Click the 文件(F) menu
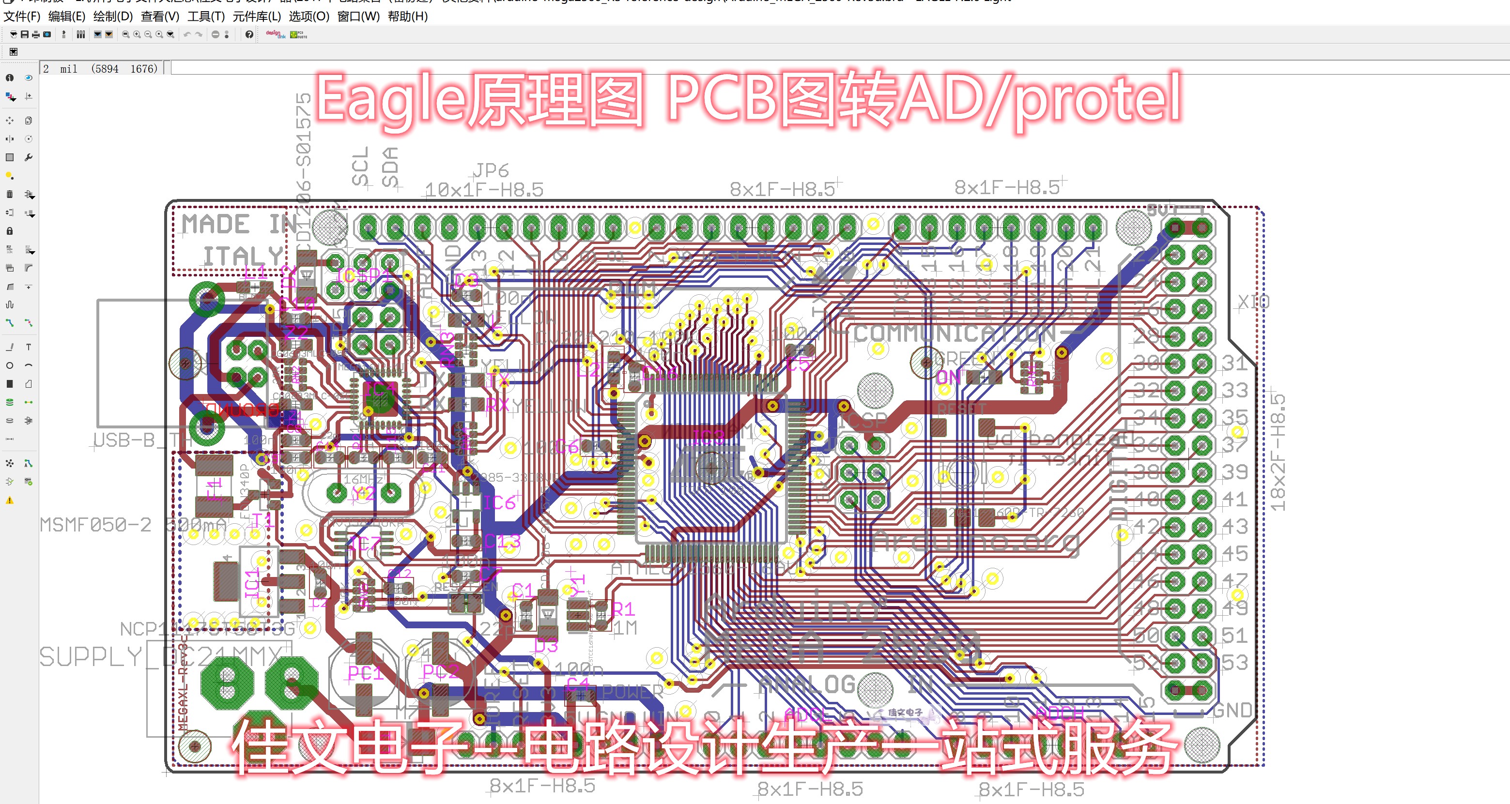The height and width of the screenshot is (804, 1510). pyautogui.click(x=22, y=16)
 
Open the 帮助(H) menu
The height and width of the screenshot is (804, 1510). pyautogui.click(x=407, y=16)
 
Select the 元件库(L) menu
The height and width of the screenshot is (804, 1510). pyautogui.click(x=257, y=16)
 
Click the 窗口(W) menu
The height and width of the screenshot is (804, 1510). pyautogui.click(x=358, y=16)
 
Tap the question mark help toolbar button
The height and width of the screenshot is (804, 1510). pyautogui.click(x=249, y=34)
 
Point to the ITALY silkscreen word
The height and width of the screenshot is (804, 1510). pyautogui.click(x=243, y=256)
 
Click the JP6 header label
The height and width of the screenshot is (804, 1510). pyautogui.click(x=491, y=170)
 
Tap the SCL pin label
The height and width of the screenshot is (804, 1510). pyautogui.click(x=360, y=167)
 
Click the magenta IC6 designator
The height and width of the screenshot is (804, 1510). pyautogui.click(x=499, y=503)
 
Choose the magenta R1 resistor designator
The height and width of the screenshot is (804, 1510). pyautogui.click(x=623, y=610)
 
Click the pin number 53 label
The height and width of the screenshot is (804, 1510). pyautogui.click(x=1234, y=663)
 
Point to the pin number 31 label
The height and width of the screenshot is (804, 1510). pyautogui.click(x=1234, y=364)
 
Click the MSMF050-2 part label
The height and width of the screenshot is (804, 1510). pyautogui.click(x=95, y=525)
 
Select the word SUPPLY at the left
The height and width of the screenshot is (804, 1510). pyautogui.click(x=90, y=657)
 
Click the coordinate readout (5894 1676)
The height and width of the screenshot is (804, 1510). pyautogui.click(x=124, y=69)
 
